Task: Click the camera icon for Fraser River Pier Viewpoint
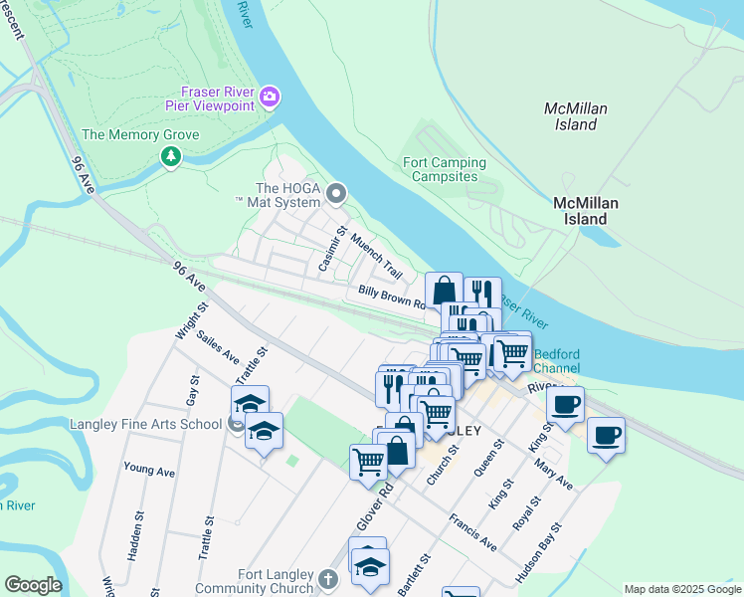pos(270,97)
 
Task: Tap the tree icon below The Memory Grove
pos(171,156)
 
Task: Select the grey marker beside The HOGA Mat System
pos(337,193)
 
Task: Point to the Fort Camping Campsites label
pos(445,170)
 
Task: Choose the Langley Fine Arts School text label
pos(145,424)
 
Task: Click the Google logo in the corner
pos(32,585)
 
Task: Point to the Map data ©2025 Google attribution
pos(681,589)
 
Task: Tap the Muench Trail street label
pos(375,258)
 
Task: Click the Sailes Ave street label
pos(218,345)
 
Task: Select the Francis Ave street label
pos(472,533)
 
